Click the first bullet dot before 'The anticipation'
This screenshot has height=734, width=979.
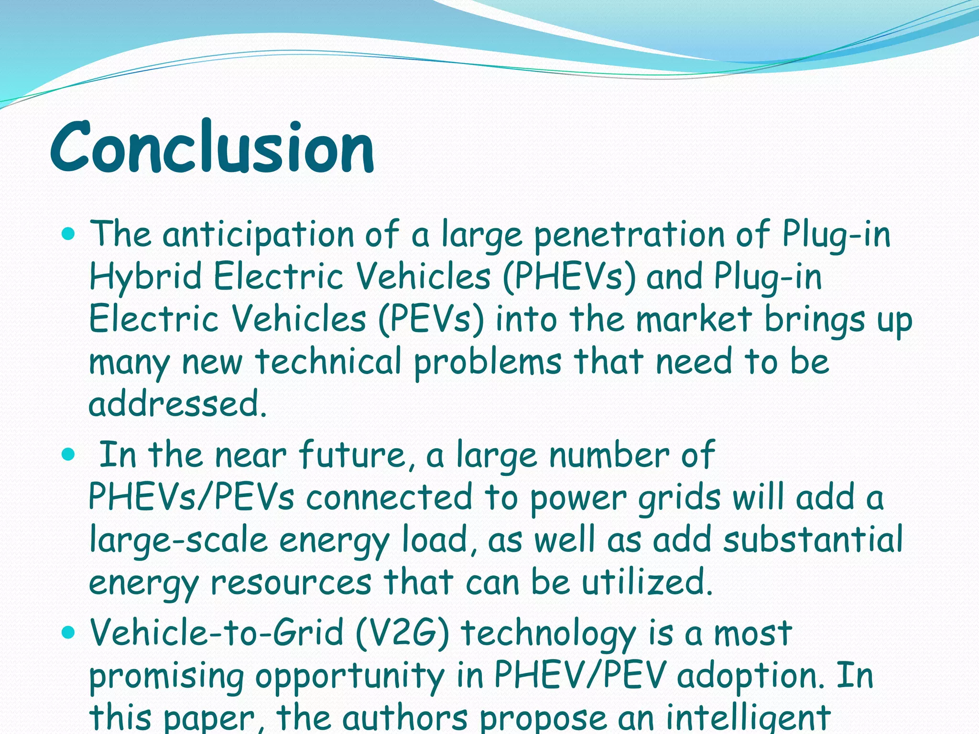[69, 234]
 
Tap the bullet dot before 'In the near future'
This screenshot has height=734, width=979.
[69, 454]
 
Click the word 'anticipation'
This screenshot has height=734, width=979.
[258, 235]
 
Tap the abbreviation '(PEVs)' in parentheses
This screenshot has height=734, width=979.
[431, 319]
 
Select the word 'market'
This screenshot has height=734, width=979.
[694, 319]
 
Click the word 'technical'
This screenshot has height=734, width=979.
[328, 361]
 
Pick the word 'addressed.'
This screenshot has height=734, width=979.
[177, 404]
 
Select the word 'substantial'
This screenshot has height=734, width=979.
[813, 540]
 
